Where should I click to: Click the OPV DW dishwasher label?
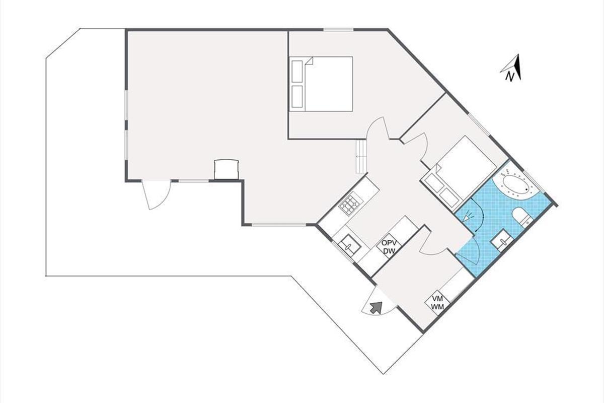pyautogui.click(x=389, y=247)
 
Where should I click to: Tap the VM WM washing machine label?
pyautogui.click(x=437, y=303)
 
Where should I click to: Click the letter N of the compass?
pyautogui.click(x=509, y=77)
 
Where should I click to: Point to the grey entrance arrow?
pyautogui.click(x=376, y=307)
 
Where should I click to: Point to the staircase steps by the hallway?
pyautogui.click(x=361, y=156)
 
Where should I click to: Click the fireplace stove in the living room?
pyautogui.click(x=226, y=169)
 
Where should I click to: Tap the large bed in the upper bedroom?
pyautogui.click(x=321, y=84)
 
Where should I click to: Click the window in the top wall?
pyautogui.click(x=338, y=30)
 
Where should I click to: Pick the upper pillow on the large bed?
pyautogui.click(x=297, y=71)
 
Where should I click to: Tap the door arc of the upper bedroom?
pyautogui.click(x=377, y=128)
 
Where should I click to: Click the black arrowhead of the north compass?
pyautogui.click(x=518, y=67)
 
